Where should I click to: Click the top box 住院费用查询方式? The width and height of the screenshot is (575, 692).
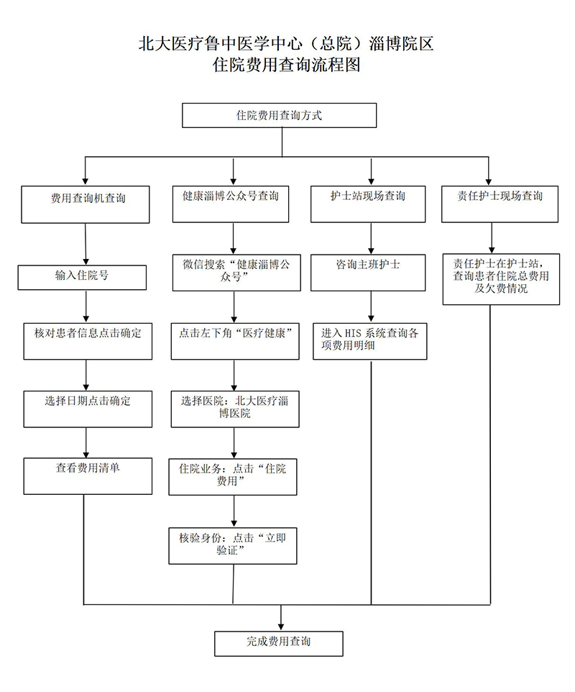pos(280,116)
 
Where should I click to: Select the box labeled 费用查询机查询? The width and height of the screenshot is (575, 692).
pos(87,204)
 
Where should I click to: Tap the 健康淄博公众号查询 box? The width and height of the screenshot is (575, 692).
pos(233,204)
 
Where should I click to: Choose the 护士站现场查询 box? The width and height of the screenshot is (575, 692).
pos(368,204)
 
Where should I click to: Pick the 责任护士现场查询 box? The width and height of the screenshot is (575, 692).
pos(500,204)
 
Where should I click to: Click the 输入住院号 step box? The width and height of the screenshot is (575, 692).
pos(83,277)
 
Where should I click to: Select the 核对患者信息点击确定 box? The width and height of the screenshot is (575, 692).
pos(88,341)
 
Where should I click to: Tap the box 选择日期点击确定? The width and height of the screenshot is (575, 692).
pos(88,409)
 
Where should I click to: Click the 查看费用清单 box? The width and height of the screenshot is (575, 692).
pos(88,475)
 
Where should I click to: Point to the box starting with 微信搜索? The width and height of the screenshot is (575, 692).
pos(236,273)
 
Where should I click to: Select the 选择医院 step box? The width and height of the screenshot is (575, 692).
pos(235,408)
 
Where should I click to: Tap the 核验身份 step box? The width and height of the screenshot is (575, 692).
pos(233,545)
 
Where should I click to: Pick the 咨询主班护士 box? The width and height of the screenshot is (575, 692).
pos(368,273)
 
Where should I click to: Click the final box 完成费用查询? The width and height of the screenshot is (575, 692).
pos(279,643)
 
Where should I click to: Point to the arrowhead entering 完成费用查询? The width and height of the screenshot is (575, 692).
pos(281,624)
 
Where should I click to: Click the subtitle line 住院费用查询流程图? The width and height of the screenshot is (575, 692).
pos(286,65)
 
